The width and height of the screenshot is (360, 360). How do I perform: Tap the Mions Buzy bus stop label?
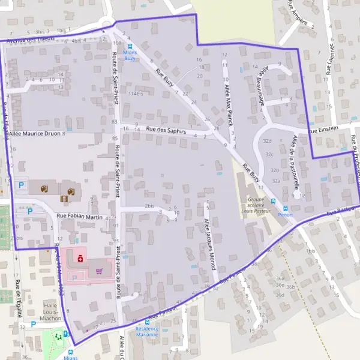tap(130, 55)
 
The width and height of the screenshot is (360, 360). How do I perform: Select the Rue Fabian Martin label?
tap(80, 216)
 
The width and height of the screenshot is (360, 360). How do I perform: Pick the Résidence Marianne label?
tap(147, 331)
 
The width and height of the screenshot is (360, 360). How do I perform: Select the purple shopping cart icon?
tap(98, 271)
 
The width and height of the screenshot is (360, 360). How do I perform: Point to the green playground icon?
tap(59, 337)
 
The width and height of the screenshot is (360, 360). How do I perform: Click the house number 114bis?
tap(136, 94)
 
